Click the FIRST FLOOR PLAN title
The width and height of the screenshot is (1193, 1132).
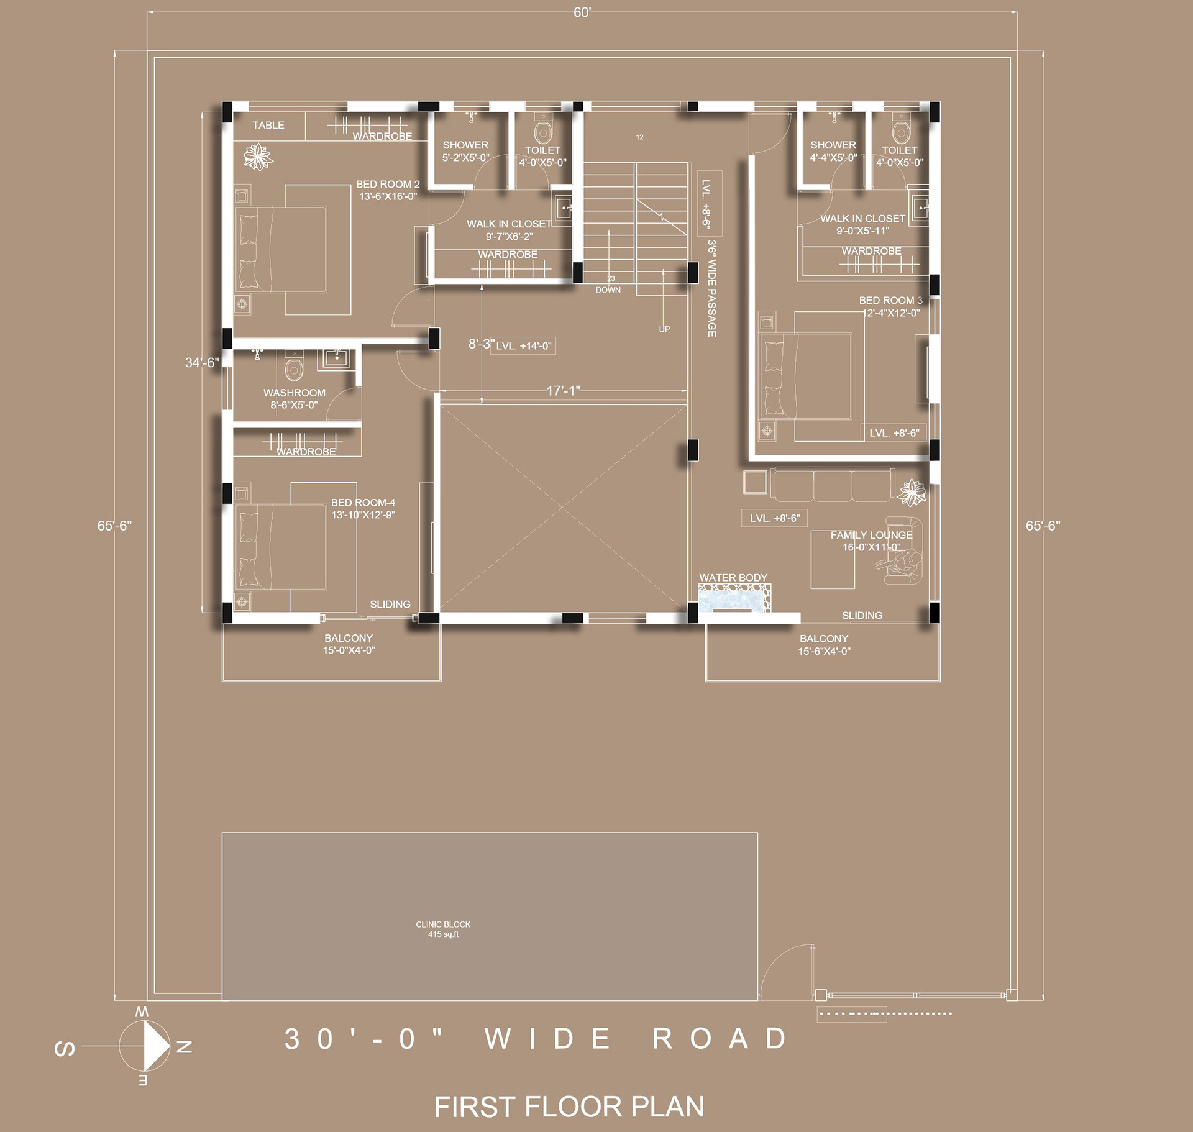coord(569,1107)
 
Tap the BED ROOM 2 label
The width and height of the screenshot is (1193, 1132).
coord(388,185)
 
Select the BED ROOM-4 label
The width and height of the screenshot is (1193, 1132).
coord(363,503)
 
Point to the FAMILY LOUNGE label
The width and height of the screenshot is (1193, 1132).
coord(871,535)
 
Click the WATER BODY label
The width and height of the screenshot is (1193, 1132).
coord(733,578)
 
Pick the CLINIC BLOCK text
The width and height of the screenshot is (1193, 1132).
coord(443,924)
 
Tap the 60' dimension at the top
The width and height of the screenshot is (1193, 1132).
coord(582,13)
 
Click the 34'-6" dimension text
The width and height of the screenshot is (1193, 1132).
coord(202,363)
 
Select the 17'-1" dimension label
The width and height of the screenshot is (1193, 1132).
coord(563,391)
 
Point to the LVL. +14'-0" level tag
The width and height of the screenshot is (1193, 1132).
coord(523,346)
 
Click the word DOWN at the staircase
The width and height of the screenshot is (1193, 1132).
coord(608,290)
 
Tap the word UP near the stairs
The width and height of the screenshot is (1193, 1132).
coord(664,329)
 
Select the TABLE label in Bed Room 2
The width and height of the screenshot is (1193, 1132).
coord(268,126)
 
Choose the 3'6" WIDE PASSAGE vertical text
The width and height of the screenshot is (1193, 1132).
coord(712,288)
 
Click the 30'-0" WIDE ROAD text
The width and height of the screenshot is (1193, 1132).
coord(536,1039)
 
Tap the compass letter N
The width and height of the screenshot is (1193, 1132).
coord(184,1047)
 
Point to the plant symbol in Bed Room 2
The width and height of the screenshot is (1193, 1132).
coord(258,157)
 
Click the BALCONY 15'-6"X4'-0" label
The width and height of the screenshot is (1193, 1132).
coord(824,645)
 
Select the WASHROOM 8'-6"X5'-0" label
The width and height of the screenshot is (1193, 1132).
coord(294,399)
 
